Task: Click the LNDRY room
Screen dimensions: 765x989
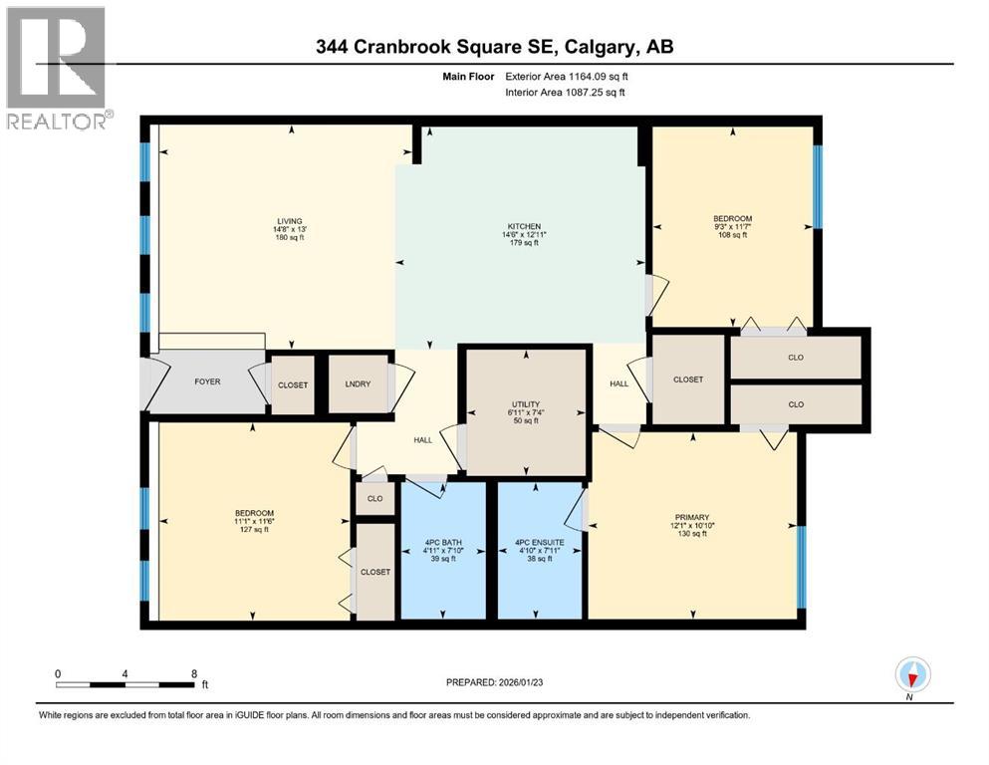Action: (358, 384)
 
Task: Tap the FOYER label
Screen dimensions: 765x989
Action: (207, 382)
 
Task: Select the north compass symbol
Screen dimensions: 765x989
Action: (912, 674)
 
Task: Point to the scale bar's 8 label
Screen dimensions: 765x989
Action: (193, 673)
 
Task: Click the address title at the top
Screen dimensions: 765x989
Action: (495, 48)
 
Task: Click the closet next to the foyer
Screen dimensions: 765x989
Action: (293, 384)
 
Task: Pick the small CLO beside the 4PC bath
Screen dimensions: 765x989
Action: (374, 498)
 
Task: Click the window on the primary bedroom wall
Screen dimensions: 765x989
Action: (800, 565)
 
